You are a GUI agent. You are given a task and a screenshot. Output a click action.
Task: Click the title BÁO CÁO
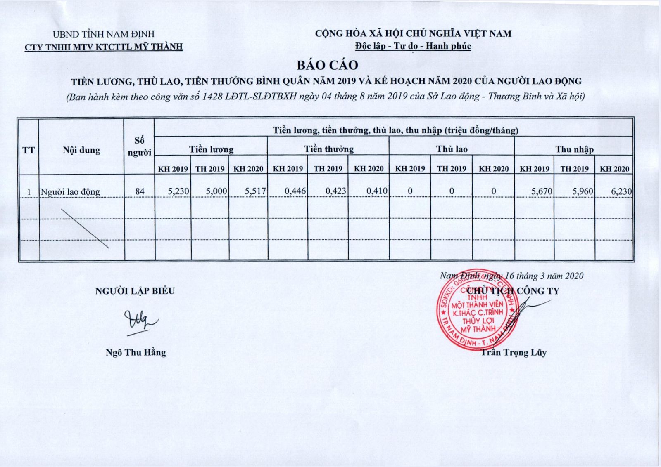coord(327,65)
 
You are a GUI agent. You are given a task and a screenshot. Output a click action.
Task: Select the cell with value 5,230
coord(178,191)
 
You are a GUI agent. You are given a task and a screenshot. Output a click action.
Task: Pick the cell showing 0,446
coord(295,191)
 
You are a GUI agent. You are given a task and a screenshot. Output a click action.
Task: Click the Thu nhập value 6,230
coord(621,191)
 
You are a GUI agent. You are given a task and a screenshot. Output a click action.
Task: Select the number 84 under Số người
coord(140,191)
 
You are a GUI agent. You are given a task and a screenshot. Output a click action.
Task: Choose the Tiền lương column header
coord(211,149)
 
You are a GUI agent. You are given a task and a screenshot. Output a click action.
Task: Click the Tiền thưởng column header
coord(329,149)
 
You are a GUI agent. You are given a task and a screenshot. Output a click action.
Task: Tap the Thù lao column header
coord(452,149)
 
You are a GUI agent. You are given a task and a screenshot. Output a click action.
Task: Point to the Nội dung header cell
coord(81,150)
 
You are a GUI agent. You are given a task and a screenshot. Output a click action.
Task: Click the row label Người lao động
coord(70,192)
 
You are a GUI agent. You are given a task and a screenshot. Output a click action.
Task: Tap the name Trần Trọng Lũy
coord(514,352)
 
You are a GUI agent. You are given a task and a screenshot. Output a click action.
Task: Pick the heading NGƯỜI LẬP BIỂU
coord(135,291)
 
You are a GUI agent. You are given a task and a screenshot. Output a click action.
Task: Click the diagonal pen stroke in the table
coord(85,228)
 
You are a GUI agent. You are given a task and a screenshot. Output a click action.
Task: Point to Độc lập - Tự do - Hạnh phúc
coord(413,46)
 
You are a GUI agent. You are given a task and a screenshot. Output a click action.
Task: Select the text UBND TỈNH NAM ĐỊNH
coord(103,34)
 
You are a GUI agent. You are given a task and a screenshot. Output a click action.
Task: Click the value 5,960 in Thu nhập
coord(583,191)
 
